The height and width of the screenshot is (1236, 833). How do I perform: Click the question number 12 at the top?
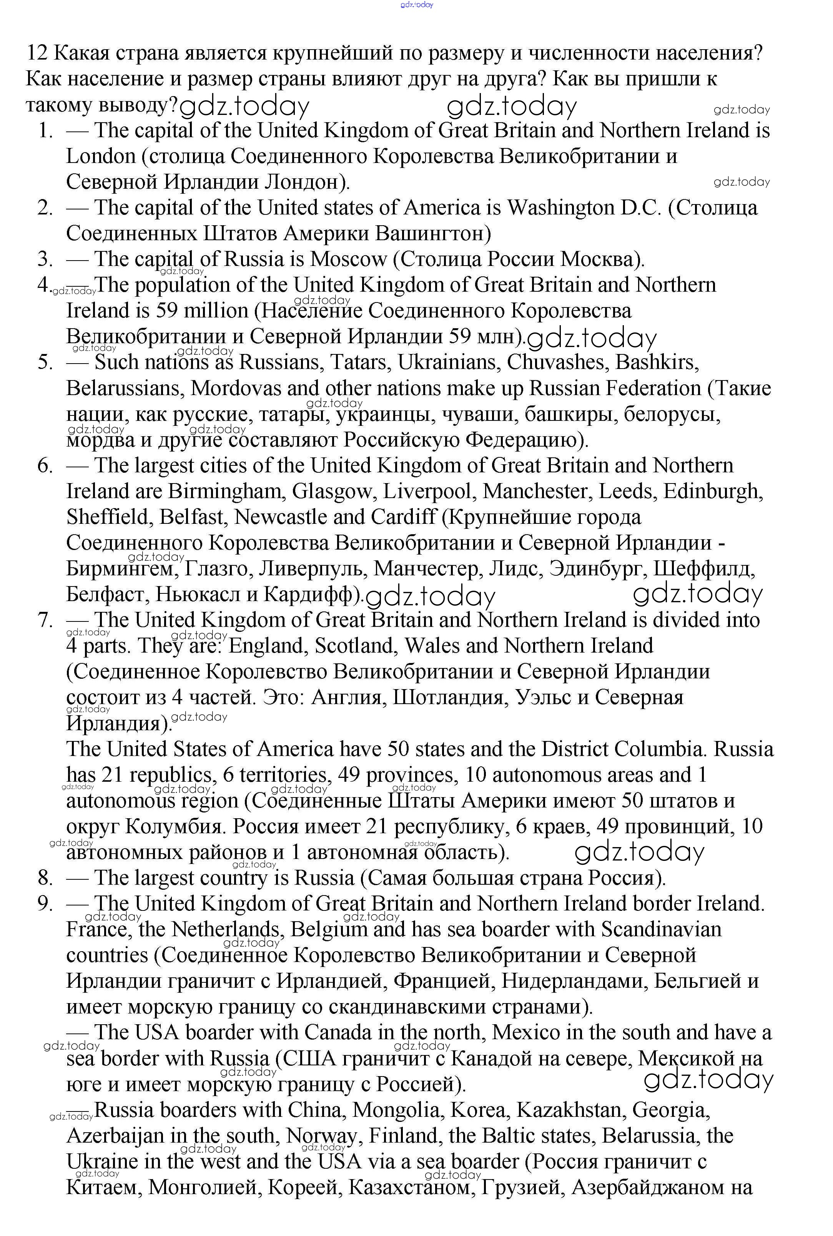point(37,54)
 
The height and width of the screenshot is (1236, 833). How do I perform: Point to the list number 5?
point(45,363)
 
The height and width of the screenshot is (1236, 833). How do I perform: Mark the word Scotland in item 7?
point(356,646)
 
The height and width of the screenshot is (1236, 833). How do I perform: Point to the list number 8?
point(45,878)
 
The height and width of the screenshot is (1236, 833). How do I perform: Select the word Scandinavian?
point(662,930)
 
